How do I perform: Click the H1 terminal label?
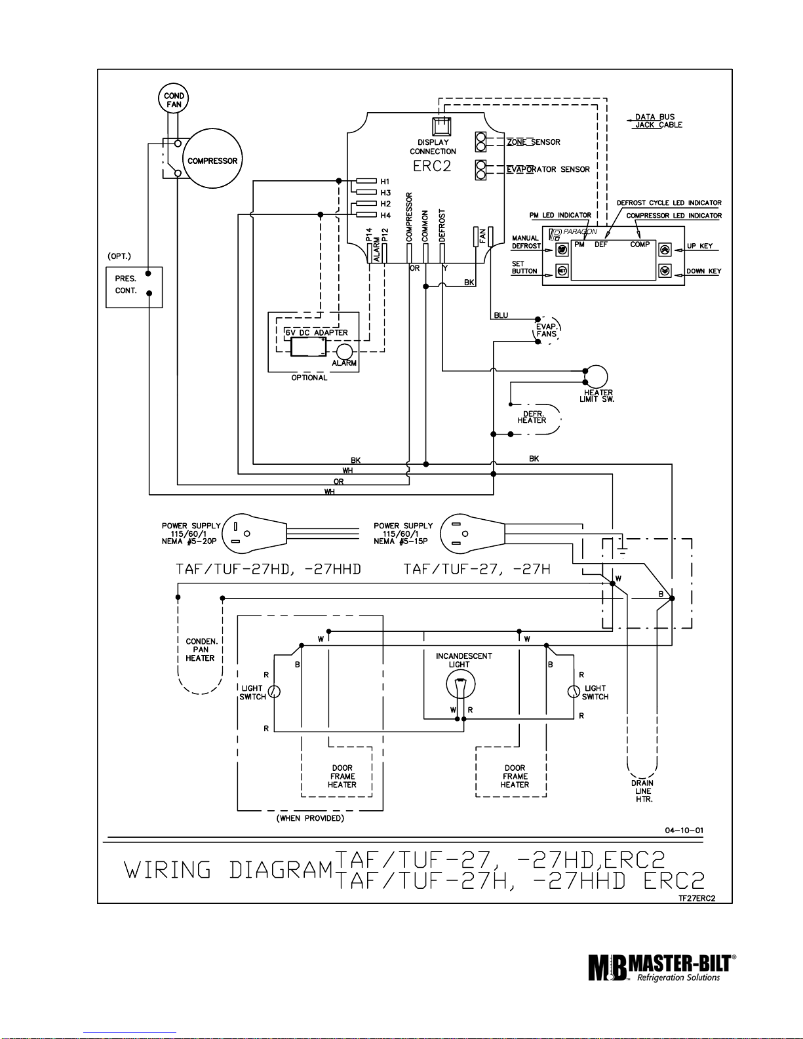coord(385,182)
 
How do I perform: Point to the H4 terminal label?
coord(385,216)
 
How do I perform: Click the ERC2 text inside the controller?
coord(431,166)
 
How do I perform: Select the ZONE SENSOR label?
coord(534,142)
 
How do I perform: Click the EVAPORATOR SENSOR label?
coord(548,169)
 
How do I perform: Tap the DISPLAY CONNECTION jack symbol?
coord(441,127)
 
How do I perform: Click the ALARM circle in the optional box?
coord(344,352)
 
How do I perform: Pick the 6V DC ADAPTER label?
coord(317,332)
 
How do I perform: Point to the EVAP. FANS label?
coord(546,330)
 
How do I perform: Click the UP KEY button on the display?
coord(665,250)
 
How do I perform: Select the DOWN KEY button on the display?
coord(665,271)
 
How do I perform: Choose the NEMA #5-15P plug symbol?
coord(472,533)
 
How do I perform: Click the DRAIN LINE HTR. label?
coord(642,791)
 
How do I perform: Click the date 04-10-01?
coord(684,831)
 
